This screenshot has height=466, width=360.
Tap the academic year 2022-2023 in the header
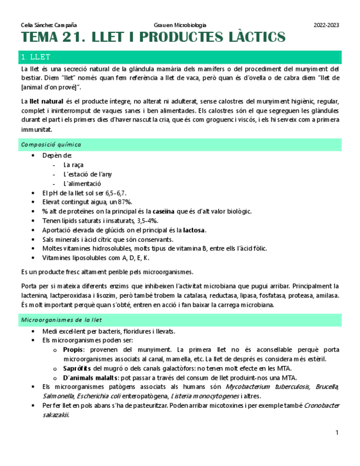[x=326, y=25]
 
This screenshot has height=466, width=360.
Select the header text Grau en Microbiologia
[x=180, y=25]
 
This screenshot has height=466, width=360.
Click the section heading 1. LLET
[x=35, y=57]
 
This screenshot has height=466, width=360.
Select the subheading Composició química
[x=51, y=145]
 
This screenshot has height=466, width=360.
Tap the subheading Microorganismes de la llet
[x=61, y=319]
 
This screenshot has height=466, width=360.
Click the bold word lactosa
[x=194, y=230]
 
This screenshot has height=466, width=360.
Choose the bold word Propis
[x=73, y=349]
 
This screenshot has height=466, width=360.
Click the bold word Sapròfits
[x=77, y=368]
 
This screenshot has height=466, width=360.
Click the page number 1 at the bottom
[x=337, y=434]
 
